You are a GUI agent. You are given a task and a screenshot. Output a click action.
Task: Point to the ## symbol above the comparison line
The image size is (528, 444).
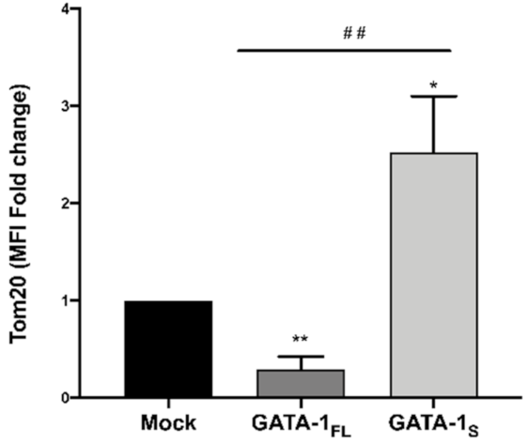353,34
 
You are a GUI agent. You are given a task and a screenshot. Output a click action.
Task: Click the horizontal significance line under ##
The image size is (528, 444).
344,49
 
